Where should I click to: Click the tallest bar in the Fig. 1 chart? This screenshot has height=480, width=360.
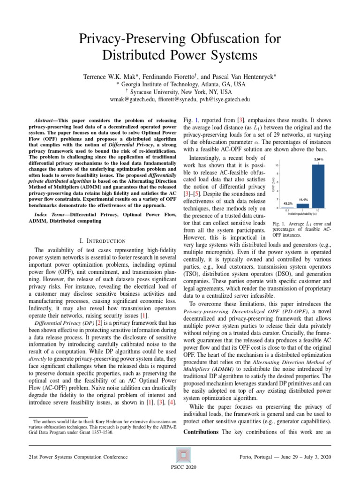(x=318, y=186)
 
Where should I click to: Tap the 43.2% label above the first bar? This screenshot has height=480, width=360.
(x=288, y=203)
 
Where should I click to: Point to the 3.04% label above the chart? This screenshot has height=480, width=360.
(x=318, y=159)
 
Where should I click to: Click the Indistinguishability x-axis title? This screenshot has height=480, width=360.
(x=302, y=214)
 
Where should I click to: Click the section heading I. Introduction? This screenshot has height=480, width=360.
(x=102, y=240)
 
